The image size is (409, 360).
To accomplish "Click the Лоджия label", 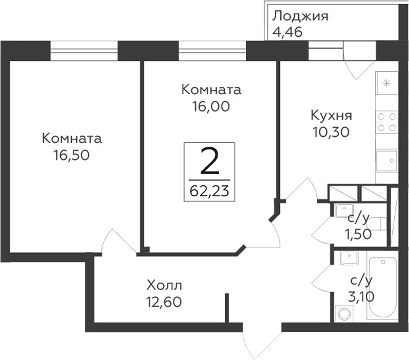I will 300,16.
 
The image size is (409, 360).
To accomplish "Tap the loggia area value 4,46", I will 288,32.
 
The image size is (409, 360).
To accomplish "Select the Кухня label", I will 332,115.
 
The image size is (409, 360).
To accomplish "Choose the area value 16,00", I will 211,106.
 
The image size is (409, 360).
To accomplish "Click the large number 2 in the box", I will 210,163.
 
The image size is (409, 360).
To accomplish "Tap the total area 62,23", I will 210,190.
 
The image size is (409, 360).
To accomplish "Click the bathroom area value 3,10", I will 361,296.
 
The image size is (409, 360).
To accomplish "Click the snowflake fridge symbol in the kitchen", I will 386,83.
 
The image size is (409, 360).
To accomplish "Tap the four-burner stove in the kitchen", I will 386,122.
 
